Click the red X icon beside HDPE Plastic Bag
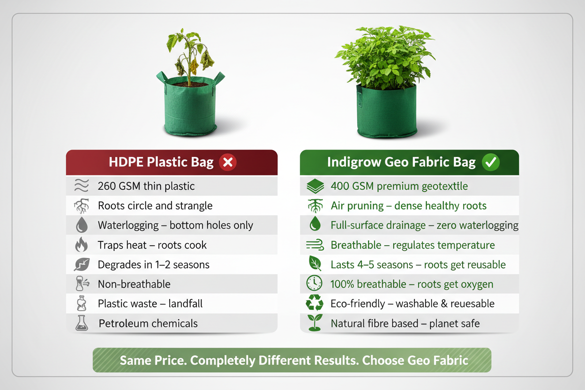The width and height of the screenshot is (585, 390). click(x=227, y=163)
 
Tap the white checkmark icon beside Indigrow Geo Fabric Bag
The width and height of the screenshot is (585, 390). click(x=491, y=163)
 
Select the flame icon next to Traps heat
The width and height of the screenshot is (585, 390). click(x=82, y=245)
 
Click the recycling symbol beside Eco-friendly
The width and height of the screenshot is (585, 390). click(x=314, y=304)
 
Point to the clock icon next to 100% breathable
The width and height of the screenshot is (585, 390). click(x=314, y=284)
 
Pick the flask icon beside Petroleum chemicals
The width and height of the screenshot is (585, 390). click(x=82, y=323)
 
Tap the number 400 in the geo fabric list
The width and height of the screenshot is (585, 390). click(x=340, y=186)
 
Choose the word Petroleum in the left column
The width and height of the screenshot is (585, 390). click(x=123, y=323)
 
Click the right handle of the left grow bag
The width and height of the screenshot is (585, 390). click(x=218, y=77)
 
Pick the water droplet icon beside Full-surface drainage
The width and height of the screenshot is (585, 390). click(x=315, y=225)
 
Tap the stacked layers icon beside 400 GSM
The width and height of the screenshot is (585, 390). click(x=315, y=187)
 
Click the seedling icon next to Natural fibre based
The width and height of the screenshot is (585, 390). click(x=315, y=323)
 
